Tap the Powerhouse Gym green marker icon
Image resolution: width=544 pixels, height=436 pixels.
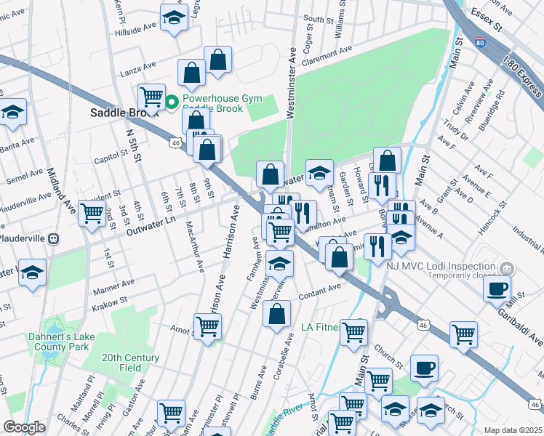(x=172, y=102)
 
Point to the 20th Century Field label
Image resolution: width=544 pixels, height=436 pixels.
(x=130, y=363)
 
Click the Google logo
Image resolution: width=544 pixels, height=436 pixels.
(x=24, y=428)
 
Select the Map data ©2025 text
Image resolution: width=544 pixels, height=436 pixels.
(x=513, y=430)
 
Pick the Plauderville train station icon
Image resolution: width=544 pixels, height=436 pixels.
(x=53, y=238)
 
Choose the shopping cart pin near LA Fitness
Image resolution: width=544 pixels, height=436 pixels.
(x=353, y=331)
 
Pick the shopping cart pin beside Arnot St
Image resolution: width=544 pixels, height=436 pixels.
(x=207, y=326)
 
